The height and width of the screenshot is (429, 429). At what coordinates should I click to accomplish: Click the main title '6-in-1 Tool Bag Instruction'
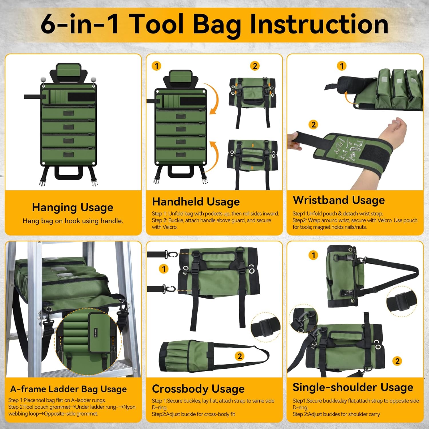point(214,25)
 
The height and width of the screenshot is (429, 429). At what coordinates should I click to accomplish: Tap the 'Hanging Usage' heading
point(73,207)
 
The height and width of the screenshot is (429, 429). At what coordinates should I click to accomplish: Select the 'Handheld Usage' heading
point(196,202)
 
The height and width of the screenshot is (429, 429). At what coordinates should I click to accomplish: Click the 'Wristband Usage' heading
point(339,200)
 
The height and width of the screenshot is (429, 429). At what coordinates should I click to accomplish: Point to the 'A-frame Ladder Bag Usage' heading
point(69,389)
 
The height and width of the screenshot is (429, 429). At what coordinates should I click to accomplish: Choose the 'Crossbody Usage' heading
point(198,389)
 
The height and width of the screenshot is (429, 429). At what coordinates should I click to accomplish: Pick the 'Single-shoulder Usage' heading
point(353,387)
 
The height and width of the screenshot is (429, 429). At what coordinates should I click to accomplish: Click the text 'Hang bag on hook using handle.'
point(73,221)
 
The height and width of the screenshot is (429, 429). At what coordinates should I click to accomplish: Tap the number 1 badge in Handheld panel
point(156,66)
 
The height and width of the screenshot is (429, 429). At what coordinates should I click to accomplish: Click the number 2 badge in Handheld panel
point(255,66)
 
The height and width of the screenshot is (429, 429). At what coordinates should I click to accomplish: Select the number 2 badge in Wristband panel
point(313,125)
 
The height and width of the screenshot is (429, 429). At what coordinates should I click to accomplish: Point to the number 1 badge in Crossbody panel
point(164,269)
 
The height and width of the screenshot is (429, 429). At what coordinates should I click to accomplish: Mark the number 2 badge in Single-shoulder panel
point(397,361)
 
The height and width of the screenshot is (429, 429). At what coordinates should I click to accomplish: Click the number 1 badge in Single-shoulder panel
point(313,255)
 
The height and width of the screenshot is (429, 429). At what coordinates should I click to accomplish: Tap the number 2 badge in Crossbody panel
point(240,356)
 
